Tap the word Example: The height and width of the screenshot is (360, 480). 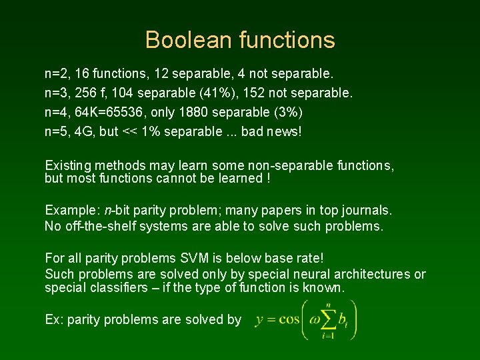(x=73, y=211)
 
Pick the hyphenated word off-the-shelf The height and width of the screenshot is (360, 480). (x=101, y=226)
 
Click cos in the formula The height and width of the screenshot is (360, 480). (x=289, y=320)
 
